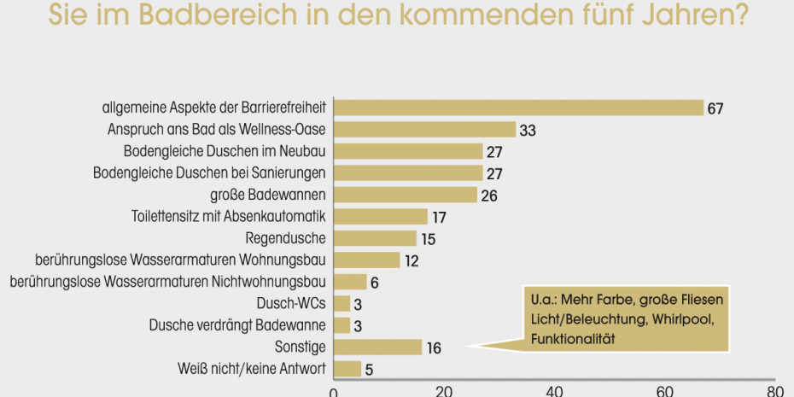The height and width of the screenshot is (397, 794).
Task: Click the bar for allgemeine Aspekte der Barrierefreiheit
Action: tap(517, 108)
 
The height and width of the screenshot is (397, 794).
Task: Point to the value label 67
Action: tap(715, 108)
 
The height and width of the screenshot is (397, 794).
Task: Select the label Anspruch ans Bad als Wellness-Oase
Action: tap(219, 130)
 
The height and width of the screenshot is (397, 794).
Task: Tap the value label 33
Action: tap(528, 131)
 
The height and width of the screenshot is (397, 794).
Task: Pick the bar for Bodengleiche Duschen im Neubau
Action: tap(407, 151)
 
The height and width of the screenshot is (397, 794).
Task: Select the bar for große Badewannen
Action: tap(405, 195)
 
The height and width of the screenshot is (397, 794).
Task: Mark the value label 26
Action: tap(489, 196)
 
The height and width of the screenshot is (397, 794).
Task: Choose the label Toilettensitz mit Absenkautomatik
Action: tap(231, 217)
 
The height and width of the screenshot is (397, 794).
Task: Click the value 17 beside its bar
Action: tap(439, 218)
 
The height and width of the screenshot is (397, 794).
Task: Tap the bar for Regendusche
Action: tap(374, 238)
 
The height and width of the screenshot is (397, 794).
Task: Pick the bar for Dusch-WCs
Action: tap(342, 303)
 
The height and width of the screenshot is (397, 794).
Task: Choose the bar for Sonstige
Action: tap(377, 347)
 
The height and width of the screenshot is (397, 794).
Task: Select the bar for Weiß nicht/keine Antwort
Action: tap(347, 369)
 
